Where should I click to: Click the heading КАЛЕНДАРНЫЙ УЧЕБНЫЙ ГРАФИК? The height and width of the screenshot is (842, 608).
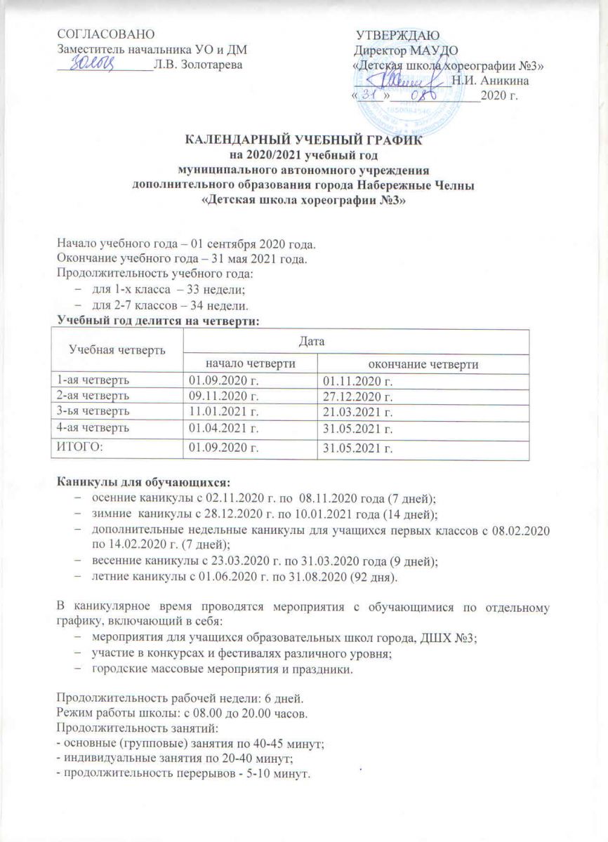pyautogui.click(x=304, y=142)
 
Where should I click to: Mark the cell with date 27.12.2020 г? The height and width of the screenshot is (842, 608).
pyautogui.click(x=357, y=394)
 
